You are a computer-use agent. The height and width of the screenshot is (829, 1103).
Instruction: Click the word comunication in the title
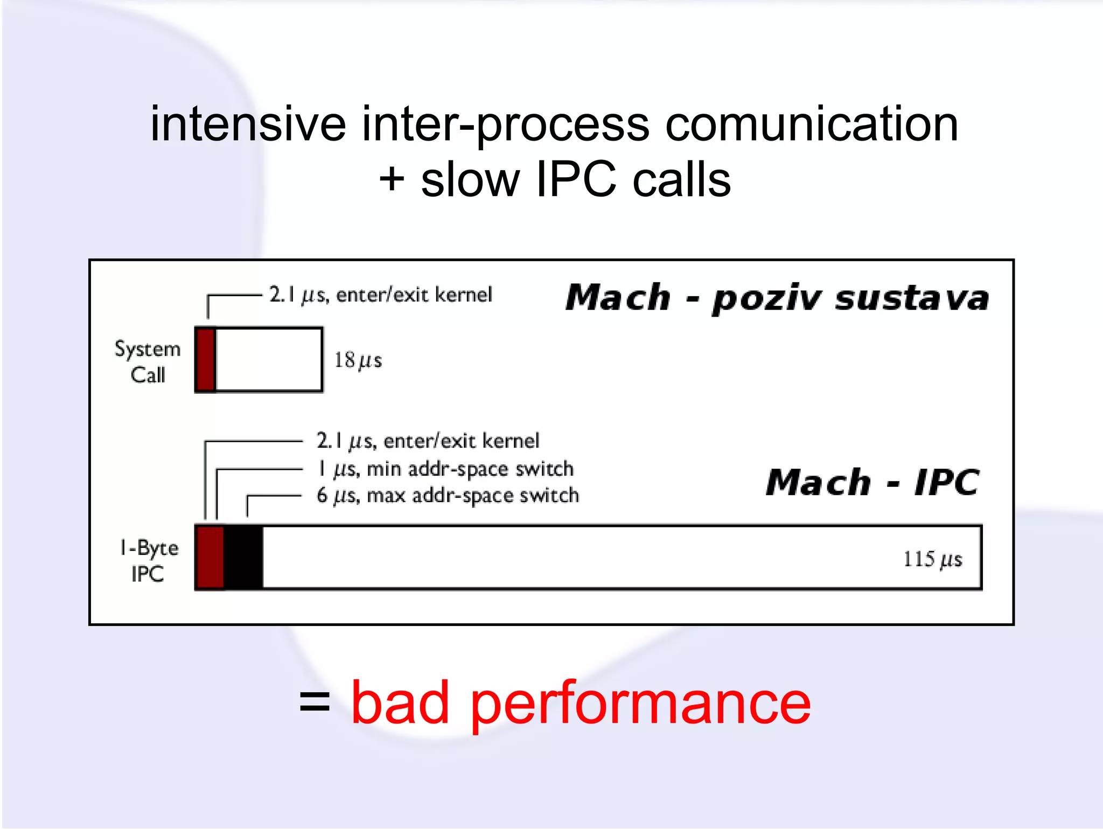(812, 125)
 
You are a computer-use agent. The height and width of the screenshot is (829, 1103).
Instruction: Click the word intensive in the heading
(248, 125)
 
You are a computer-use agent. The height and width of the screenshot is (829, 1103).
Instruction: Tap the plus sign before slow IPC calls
(392, 179)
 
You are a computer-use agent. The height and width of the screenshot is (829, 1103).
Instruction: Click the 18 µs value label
(358, 360)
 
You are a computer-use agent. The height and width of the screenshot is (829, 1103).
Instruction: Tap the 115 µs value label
(932, 559)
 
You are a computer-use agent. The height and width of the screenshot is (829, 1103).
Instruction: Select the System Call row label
(148, 361)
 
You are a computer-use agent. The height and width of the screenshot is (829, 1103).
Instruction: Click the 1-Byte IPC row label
(148, 561)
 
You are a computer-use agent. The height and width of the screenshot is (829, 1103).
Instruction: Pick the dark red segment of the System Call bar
(206, 359)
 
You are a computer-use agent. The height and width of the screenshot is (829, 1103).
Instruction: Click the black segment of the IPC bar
(243, 558)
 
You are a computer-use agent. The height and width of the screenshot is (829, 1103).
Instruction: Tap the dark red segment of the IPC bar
(210, 558)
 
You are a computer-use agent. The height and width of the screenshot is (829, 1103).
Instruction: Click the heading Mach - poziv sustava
(777, 298)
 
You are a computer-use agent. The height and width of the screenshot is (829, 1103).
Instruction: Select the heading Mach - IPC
(872, 482)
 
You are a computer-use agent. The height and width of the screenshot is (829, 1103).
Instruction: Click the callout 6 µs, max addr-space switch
(448, 496)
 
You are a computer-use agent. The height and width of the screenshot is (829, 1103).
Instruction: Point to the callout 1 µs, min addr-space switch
(445, 469)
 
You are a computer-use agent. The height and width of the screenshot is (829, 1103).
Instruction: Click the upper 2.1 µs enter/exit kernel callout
(380, 295)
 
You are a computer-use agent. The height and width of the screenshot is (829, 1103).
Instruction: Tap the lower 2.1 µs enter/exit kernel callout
(428, 441)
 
